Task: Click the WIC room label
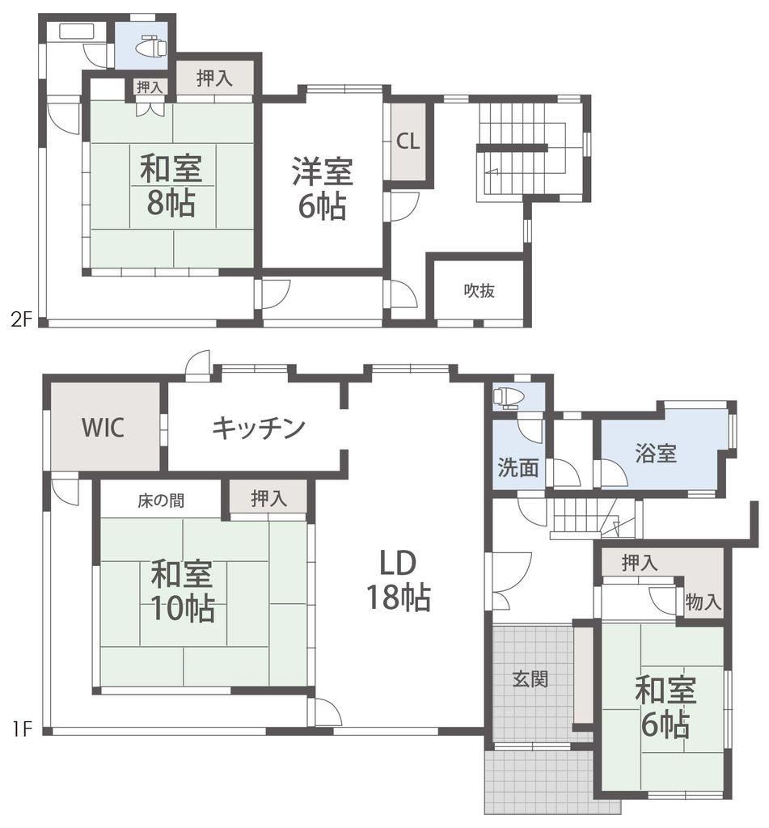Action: coord(103,427)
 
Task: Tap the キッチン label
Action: coord(259,427)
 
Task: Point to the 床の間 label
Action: coord(161,501)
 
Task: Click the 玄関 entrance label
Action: coord(530,679)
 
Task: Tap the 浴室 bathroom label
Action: coord(656,453)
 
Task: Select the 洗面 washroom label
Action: coord(518,467)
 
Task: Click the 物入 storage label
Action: coord(703,602)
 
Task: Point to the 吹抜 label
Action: coord(480,290)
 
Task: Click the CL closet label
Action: coord(408,141)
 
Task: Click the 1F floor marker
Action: coord(22,730)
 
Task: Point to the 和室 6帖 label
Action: coord(665,706)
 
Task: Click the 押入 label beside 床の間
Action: coord(268,498)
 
